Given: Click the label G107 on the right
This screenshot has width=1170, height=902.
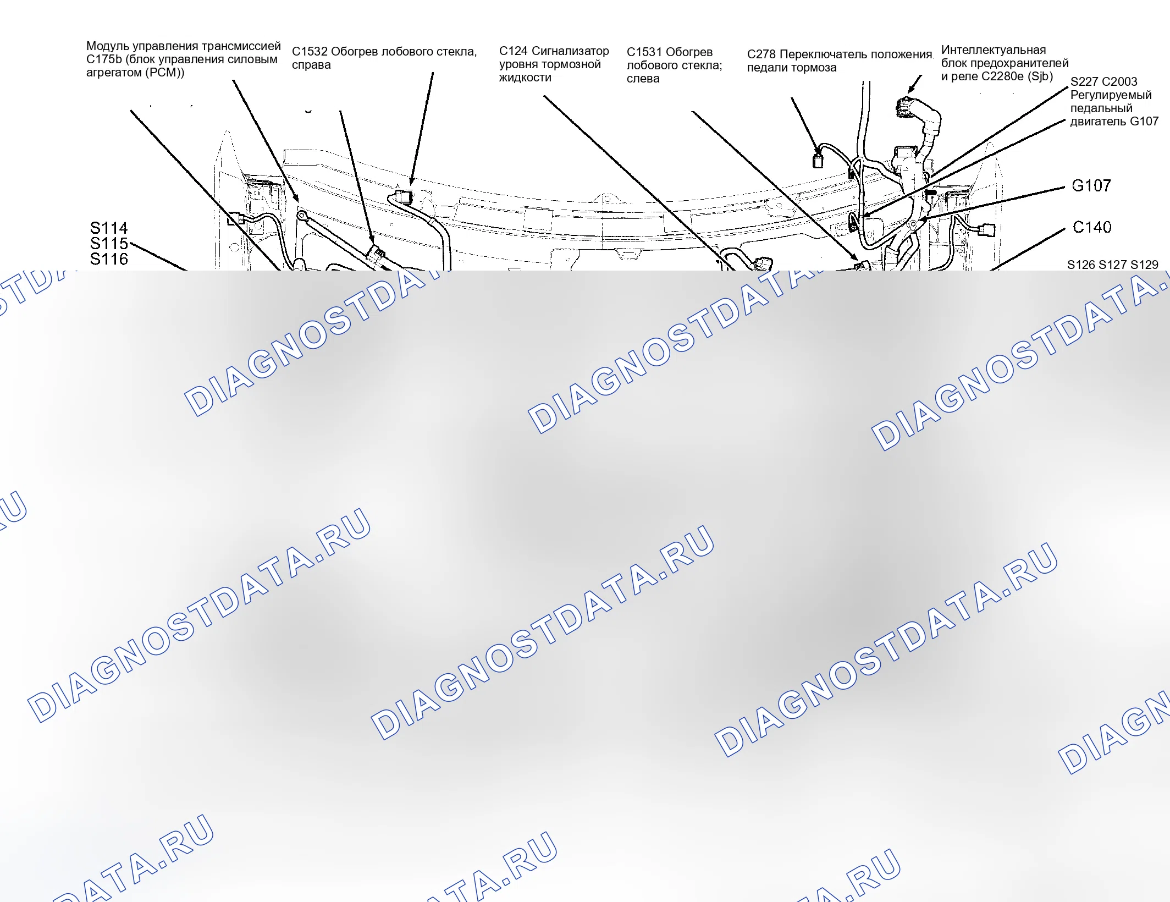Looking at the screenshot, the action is point(1091,186).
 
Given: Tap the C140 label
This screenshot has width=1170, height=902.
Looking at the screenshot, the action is point(1092,227).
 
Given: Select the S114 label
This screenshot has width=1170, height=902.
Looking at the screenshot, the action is point(109,228).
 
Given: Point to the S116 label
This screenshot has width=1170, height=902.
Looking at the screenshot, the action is point(109,259).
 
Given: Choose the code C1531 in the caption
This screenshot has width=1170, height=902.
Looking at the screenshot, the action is point(644,52).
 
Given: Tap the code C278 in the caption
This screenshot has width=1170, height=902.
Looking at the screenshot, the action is point(761,54).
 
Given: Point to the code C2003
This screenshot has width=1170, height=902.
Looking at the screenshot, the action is point(1119,82).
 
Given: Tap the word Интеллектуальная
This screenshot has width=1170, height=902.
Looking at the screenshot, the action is point(994,50).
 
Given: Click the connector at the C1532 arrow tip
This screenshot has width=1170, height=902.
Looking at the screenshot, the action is point(404,196).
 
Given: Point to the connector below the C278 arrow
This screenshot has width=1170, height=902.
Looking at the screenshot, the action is point(818,161).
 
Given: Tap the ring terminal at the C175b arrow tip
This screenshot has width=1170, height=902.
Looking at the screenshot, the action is point(301,216).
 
